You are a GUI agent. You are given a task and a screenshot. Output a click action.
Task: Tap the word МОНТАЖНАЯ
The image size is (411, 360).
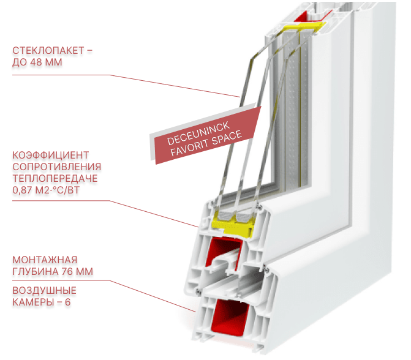pyautogui.click(x=45, y=259)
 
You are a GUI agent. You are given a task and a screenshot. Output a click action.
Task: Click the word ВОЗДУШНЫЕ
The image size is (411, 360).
pyautogui.click(x=45, y=290)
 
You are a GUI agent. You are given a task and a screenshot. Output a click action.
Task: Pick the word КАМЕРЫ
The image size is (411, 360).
pyautogui.click(x=32, y=302)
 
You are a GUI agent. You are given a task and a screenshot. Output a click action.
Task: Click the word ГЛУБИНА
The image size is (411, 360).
pyautogui.click(x=35, y=271)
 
